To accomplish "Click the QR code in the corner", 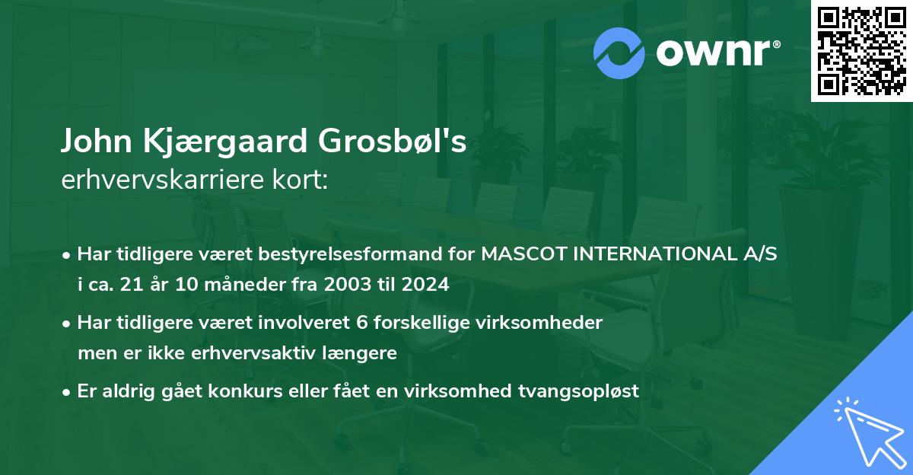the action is coord(861,51).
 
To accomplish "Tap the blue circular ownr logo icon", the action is coord(619,53).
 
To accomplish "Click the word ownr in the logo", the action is coord(714,53).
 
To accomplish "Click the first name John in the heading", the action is coord(97,141).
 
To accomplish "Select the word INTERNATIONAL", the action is coord(655,253).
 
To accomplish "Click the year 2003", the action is coord(348,284).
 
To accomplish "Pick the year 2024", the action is coord(425,284).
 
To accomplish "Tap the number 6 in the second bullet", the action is coord(362,323).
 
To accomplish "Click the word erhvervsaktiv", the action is coord(253,353).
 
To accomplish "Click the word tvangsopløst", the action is coord(578,392).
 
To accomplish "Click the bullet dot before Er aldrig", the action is coord(66,393).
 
